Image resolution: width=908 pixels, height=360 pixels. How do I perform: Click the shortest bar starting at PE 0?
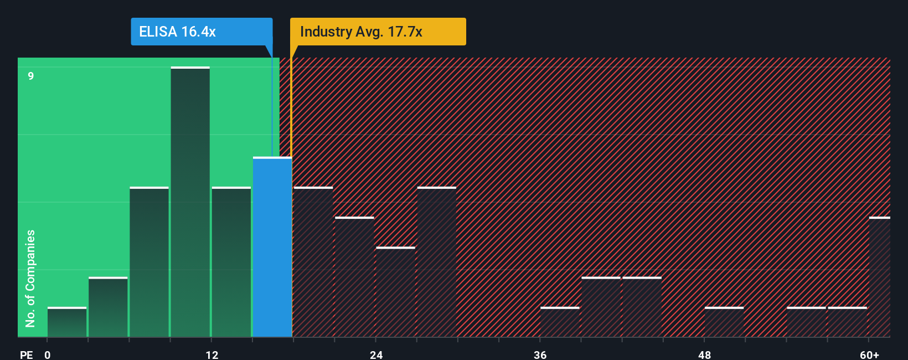click(x=67, y=322)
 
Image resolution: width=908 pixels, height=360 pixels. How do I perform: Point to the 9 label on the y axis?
click(x=31, y=76)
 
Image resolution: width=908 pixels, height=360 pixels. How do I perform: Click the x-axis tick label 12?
click(x=212, y=354)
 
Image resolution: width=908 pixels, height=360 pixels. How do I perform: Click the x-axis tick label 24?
click(x=376, y=354)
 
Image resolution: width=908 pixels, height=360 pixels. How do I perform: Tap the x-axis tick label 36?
click(x=540, y=354)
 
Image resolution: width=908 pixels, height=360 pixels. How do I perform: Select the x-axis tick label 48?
click(x=704, y=354)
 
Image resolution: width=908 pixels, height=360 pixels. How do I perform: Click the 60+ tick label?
click(x=869, y=354)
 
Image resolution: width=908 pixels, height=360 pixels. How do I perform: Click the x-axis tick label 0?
click(x=48, y=354)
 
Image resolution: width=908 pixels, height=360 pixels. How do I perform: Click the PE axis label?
click(x=26, y=354)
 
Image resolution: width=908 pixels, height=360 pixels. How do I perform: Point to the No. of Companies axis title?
click(x=30, y=278)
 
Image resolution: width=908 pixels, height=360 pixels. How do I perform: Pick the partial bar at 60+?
click(x=879, y=277)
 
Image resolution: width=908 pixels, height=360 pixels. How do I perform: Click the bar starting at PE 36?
click(x=560, y=322)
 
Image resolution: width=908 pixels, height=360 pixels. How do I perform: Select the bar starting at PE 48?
click(x=724, y=322)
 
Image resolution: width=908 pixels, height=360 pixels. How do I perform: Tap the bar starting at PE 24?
click(x=395, y=292)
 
